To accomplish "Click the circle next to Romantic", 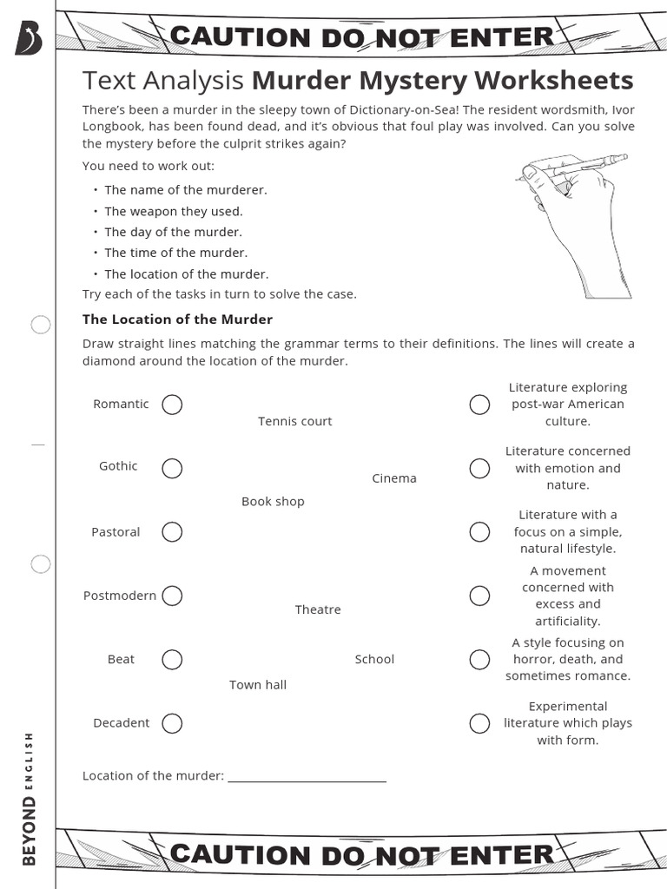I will point(172,405).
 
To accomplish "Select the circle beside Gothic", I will point(172,468).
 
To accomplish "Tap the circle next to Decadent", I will point(172,723).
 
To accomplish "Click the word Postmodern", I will point(120,596).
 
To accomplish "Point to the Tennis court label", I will point(294,421).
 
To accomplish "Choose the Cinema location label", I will point(394,478).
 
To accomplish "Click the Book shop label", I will point(273,502).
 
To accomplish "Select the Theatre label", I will point(318,609).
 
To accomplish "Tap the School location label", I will point(374,659).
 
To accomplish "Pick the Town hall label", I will point(258,685).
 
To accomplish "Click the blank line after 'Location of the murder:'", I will point(307,776).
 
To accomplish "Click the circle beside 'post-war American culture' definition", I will point(479,405).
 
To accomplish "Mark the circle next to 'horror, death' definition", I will point(479,660).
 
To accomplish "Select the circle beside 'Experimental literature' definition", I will point(479,723).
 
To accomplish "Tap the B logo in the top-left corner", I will point(29,38).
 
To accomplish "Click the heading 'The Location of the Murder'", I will point(177,319).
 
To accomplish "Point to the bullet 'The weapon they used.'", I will point(174,211).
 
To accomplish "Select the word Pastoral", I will point(116,532).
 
